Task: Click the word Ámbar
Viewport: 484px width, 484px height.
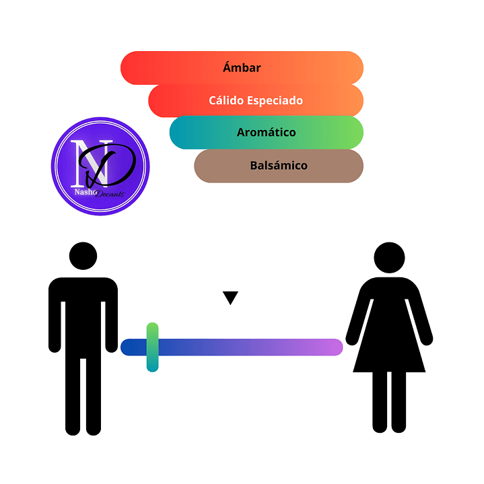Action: (242, 68)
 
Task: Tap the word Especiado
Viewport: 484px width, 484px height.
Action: (278, 101)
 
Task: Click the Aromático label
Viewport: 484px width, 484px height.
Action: (266, 133)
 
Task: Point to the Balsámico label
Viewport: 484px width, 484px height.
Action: (278, 165)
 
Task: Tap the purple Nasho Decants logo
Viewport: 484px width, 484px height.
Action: (100, 166)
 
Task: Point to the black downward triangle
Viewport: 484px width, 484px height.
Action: (231, 298)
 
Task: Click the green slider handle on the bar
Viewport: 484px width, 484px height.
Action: (153, 347)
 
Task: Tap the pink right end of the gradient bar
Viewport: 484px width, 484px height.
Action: (333, 347)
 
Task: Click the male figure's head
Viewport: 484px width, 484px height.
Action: (83, 257)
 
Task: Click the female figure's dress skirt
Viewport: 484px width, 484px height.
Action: (389, 347)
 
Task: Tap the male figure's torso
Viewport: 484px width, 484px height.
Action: (83, 310)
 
